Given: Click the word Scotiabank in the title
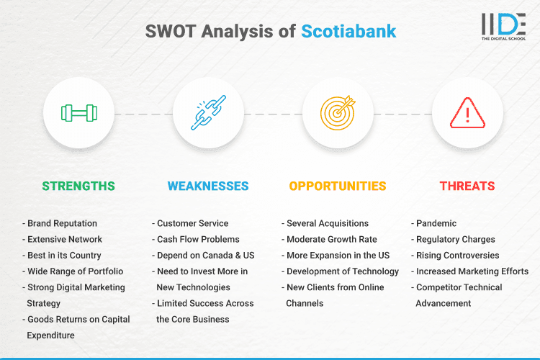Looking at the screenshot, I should tap(348, 32).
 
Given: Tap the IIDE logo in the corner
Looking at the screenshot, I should tap(503, 25).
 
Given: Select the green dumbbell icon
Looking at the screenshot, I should tap(78, 113).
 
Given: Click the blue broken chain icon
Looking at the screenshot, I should tap(208, 113).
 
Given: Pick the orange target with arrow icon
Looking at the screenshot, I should tap(338, 113).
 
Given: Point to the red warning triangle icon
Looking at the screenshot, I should tap(467, 113).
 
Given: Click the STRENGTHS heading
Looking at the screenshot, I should tap(78, 186).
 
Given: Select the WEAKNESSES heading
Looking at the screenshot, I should tap(208, 186).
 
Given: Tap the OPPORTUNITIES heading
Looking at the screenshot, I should tap(338, 186).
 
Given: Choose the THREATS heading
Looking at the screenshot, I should tap(467, 186).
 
